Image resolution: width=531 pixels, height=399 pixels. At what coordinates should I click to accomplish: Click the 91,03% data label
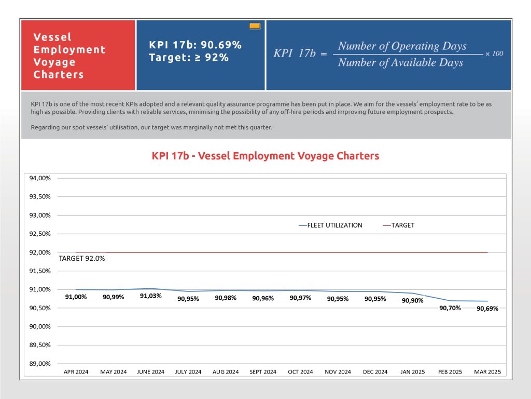click(151, 296)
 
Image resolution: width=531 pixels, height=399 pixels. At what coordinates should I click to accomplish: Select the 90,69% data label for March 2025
click(487, 309)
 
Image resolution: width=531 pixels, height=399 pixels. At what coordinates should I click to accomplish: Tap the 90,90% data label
click(412, 301)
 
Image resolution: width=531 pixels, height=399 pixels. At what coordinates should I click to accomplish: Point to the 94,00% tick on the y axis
click(40, 178)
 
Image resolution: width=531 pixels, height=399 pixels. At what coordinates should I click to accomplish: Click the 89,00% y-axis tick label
click(40, 364)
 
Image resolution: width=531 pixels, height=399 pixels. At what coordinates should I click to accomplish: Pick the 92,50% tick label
click(40, 234)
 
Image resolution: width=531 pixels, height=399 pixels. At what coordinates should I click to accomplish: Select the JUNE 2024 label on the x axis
click(150, 372)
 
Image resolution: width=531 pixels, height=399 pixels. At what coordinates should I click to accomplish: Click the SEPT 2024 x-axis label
click(263, 372)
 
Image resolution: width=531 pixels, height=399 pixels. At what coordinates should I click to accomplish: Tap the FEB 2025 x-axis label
click(450, 372)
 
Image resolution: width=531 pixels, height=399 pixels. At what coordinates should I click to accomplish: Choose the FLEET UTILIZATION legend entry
click(330, 225)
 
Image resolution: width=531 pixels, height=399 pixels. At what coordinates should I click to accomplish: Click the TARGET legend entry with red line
click(399, 225)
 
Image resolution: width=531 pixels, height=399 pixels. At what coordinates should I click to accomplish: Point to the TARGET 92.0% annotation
click(81, 259)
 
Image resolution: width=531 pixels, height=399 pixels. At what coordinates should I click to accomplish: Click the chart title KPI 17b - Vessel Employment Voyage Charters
click(265, 156)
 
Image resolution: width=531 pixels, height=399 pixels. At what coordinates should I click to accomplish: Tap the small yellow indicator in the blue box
click(255, 26)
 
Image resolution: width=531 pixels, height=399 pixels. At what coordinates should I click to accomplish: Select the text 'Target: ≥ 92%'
click(189, 58)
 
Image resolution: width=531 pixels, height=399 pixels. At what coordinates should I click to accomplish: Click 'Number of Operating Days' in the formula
click(402, 46)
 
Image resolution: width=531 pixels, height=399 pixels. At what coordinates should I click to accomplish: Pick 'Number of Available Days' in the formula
click(401, 62)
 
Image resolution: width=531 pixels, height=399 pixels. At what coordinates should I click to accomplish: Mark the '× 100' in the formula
click(494, 54)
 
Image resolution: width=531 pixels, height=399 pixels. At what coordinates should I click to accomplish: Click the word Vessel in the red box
click(52, 37)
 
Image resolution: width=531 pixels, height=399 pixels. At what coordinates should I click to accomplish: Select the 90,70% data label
click(450, 308)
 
